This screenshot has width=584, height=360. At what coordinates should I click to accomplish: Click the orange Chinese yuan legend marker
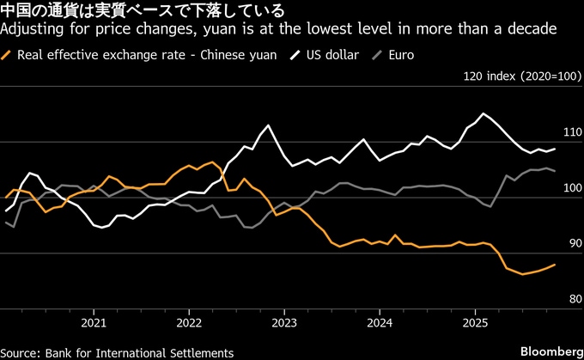pos(9,55)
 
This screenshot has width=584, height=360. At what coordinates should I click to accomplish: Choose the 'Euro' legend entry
pos(400,55)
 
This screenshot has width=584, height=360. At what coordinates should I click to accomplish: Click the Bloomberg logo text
pos(549,352)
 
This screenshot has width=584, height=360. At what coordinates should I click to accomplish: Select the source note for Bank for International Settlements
pos(118,352)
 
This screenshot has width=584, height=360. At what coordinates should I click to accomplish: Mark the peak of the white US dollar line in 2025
pos(484,113)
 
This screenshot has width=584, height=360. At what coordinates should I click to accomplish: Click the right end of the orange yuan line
pos(555,265)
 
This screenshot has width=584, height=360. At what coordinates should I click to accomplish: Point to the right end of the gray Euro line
pos(555,170)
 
